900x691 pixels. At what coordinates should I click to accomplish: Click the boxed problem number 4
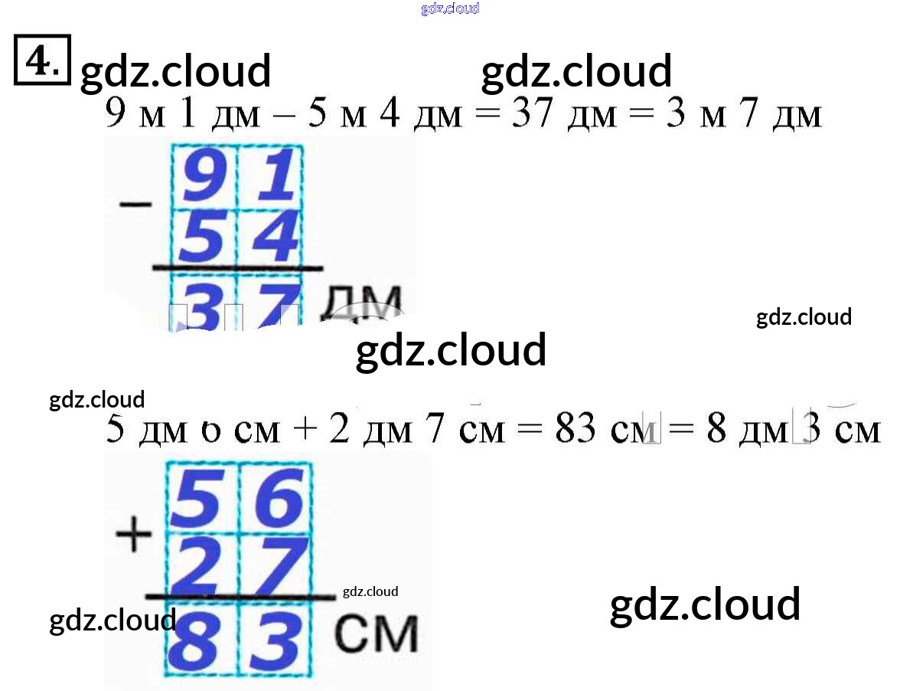click(x=42, y=59)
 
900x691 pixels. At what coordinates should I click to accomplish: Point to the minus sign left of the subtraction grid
click(x=135, y=205)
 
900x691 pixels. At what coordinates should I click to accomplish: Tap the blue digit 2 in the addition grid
click(x=203, y=565)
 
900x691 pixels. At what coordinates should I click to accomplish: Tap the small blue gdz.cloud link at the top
click(x=450, y=9)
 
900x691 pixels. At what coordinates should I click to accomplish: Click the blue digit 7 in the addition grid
click(x=274, y=565)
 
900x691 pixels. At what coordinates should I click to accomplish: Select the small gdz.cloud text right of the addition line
click(x=370, y=591)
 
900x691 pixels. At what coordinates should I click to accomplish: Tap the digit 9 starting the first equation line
click(x=115, y=115)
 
